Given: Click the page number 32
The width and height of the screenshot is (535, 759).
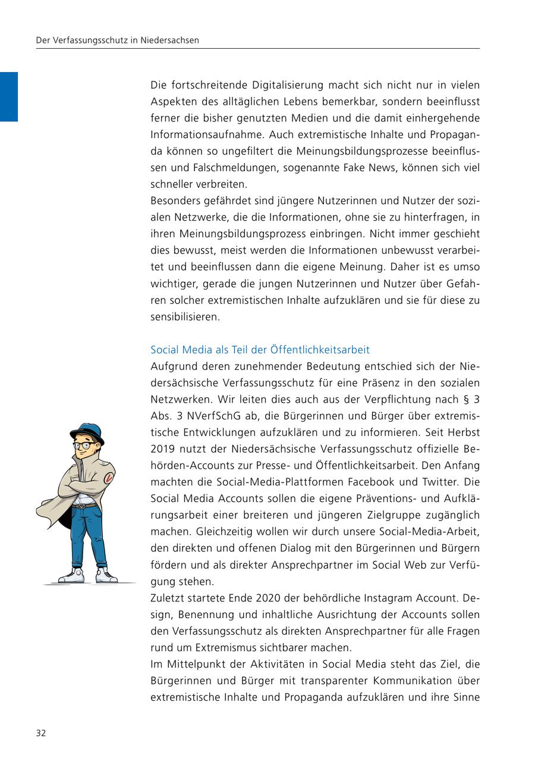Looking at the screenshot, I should tap(41, 733).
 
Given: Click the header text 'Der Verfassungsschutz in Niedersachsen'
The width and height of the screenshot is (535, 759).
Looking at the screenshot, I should tap(117, 40).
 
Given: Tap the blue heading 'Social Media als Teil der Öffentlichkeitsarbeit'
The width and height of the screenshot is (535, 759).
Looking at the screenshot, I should tap(260, 350).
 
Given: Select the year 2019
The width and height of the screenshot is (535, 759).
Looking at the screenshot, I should tap(163, 448).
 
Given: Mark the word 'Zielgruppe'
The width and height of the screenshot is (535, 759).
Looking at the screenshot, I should tap(392, 515).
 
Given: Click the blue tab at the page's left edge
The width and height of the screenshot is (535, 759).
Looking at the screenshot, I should tap(9, 96).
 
